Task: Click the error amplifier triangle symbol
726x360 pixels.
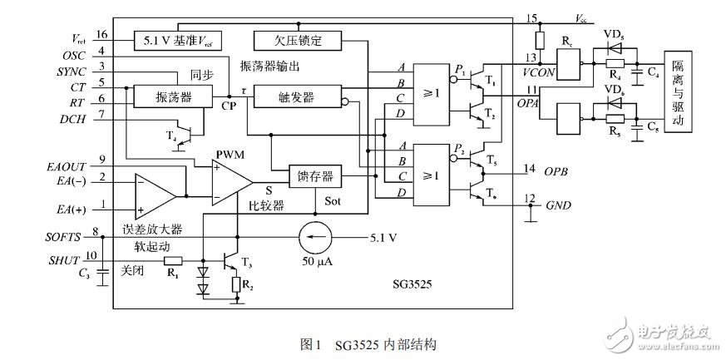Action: pyautogui.click(x=154, y=197)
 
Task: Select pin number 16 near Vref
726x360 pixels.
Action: pyautogui.click(x=101, y=35)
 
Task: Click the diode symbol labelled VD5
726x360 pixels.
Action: pyautogui.click(x=614, y=49)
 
